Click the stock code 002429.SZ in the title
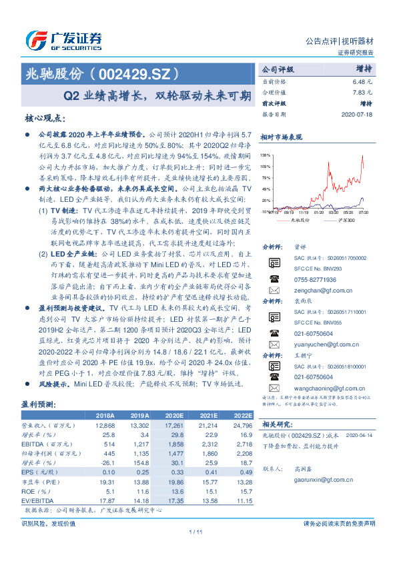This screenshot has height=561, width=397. [137, 73]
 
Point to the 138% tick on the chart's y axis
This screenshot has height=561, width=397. [266, 153]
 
